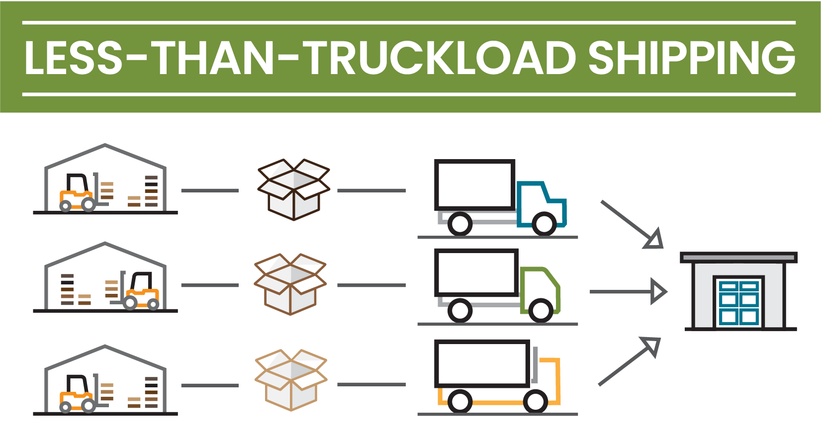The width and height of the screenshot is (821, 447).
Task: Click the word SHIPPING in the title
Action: (x=692, y=58)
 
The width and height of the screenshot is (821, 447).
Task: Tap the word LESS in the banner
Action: (x=73, y=58)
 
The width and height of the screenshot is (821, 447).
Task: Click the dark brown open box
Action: (x=293, y=189)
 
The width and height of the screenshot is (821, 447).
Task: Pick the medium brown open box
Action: (x=290, y=284)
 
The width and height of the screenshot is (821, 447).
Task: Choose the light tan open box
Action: (x=290, y=380)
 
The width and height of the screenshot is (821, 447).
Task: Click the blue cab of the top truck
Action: (x=542, y=203)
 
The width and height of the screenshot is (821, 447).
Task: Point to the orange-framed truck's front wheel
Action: (x=536, y=402)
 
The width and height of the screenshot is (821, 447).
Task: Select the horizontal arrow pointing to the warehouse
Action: (x=628, y=292)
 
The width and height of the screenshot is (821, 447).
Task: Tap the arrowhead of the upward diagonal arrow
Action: (x=651, y=346)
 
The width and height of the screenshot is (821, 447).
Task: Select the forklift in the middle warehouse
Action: (x=135, y=290)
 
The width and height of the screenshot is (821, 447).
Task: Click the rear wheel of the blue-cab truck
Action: (x=459, y=224)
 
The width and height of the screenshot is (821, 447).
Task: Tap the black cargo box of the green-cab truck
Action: (x=476, y=273)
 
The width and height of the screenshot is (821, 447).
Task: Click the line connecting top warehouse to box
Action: (x=210, y=190)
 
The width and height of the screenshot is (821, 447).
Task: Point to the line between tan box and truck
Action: (x=371, y=384)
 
